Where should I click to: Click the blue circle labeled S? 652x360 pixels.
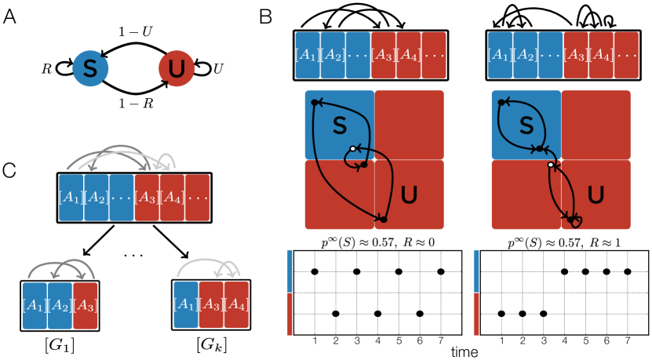pos(90,69)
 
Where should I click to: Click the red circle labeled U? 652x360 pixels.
pos(177,69)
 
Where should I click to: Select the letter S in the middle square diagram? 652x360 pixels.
pos(339,125)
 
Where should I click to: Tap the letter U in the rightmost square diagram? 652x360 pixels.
pos(596,195)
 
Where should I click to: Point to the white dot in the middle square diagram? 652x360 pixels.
pos(353,149)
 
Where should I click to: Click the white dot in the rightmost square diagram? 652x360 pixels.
pos(551,165)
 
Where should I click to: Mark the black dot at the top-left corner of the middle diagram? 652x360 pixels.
pos(315,103)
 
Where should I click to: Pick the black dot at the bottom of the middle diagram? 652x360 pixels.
pos(383,219)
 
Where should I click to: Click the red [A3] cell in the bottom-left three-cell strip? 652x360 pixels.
pos(86,305)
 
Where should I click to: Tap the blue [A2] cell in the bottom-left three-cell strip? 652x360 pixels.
pos(60,305)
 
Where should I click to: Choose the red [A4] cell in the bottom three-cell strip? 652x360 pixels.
pos(236,305)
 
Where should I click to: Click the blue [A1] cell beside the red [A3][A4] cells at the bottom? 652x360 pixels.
pos(186,305)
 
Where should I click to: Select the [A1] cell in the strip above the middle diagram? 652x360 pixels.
pos(308,56)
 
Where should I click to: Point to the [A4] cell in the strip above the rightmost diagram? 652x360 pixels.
pos(601,56)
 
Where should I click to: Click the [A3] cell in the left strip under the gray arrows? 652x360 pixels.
pos(147,198)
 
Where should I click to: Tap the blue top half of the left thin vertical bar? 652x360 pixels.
pos(290,271)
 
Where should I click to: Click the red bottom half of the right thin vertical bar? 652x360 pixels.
pos(476,315)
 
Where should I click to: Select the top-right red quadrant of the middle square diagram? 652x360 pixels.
pos(409,125)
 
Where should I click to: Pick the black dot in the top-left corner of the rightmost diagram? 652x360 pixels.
pos(501,103)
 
